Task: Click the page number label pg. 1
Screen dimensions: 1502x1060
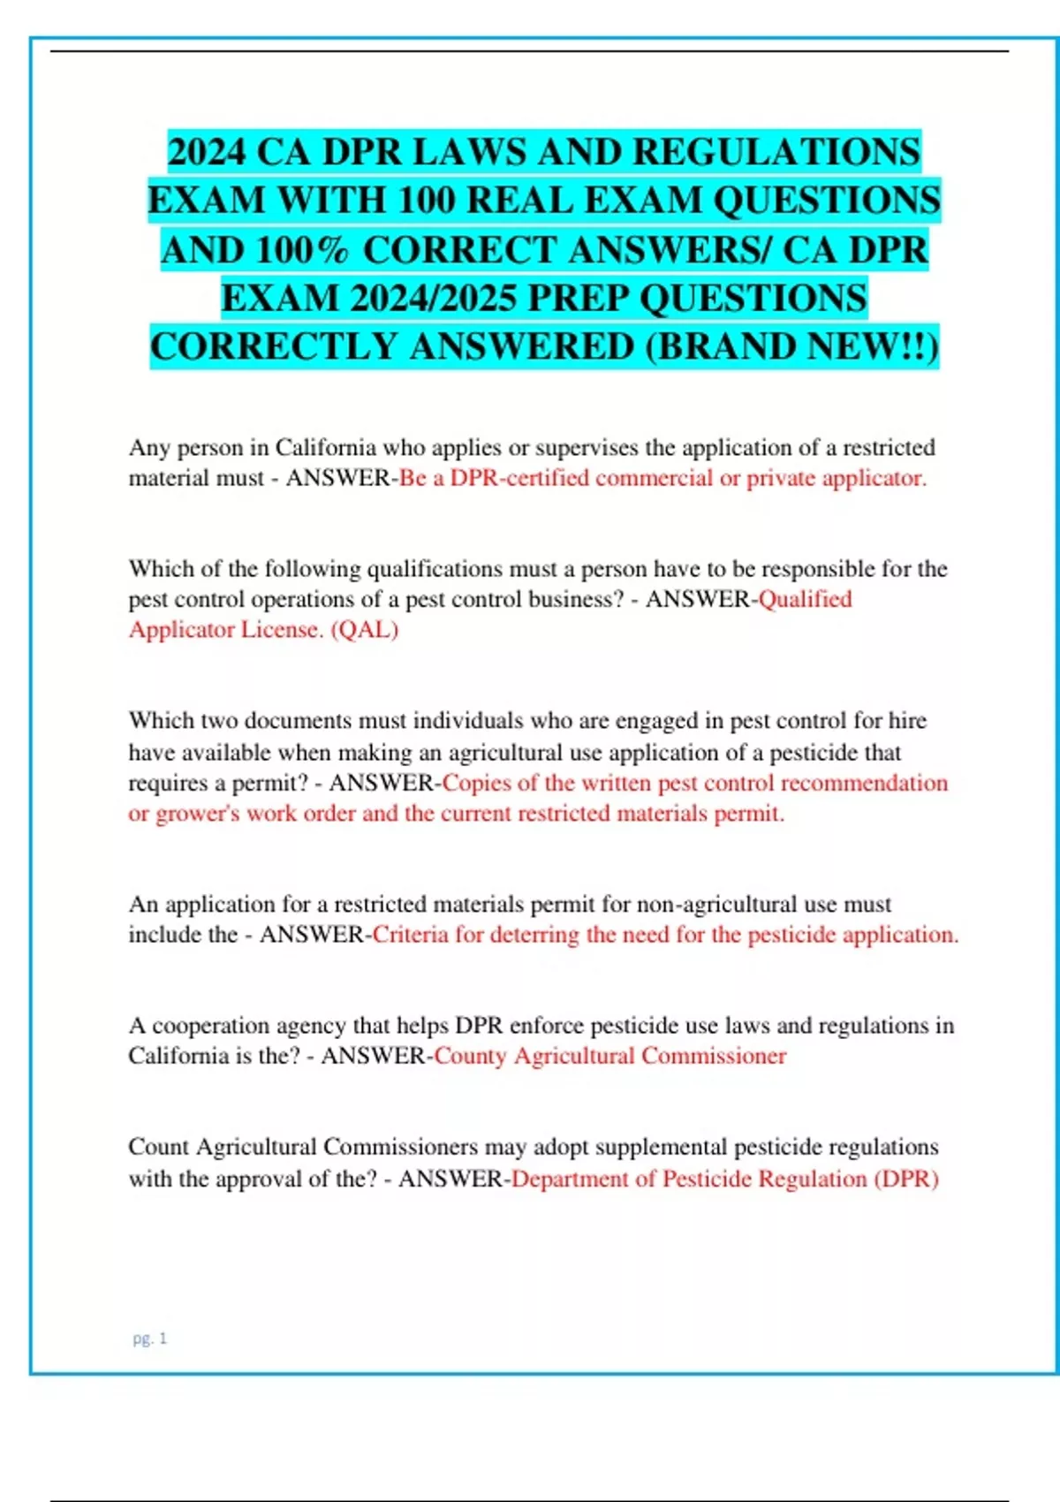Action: (149, 1339)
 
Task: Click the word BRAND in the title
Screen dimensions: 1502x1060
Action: (729, 346)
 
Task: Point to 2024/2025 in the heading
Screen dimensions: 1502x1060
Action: (433, 299)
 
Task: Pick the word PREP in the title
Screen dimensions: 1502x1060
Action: (578, 299)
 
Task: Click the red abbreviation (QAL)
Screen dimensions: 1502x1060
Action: (364, 630)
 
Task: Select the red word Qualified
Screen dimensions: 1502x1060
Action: (806, 599)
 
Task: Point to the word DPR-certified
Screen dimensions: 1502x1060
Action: (519, 478)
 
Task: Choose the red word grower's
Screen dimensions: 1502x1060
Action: (198, 814)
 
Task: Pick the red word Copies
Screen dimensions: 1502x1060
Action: (476, 783)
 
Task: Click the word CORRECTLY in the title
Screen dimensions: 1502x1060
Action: (274, 346)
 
